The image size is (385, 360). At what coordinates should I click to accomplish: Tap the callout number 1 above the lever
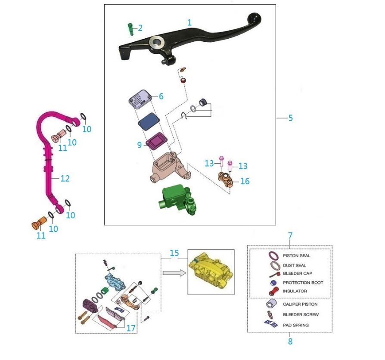(189, 22)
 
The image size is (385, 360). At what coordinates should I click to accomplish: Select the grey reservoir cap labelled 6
(140, 99)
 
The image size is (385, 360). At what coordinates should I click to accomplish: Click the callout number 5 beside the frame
(291, 118)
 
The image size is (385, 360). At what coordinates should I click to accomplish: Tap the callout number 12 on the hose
(65, 178)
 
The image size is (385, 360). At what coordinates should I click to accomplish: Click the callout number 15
(174, 253)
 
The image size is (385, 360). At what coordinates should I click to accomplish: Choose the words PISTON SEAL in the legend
(296, 256)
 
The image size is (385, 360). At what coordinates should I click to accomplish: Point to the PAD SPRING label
(295, 325)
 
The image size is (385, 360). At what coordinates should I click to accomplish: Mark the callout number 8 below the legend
(290, 341)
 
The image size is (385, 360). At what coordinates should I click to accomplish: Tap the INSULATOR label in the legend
(295, 292)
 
